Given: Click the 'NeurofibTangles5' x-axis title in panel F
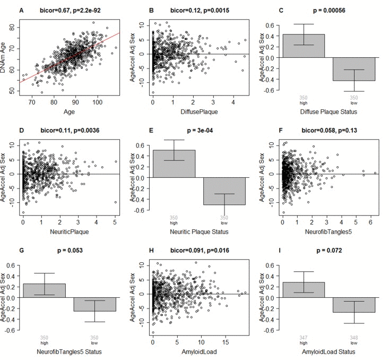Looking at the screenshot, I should coord(329,232).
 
